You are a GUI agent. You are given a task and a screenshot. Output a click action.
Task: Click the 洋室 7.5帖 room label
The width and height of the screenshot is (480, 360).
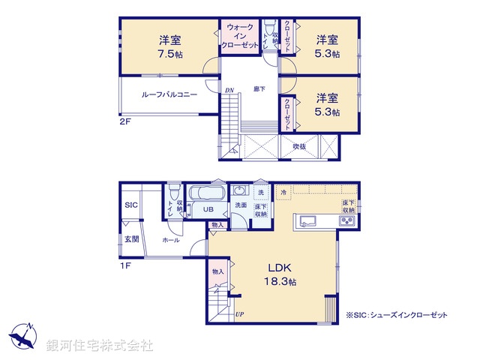click(x=167, y=46)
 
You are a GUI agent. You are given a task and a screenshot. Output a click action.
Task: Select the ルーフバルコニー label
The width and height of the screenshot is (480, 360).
click(x=169, y=94)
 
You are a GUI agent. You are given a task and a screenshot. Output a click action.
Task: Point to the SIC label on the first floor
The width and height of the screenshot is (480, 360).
click(x=130, y=205)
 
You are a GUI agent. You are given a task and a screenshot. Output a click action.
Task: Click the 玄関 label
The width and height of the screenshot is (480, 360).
click(x=130, y=240)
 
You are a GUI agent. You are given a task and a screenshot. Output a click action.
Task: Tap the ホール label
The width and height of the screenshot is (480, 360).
click(x=169, y=241)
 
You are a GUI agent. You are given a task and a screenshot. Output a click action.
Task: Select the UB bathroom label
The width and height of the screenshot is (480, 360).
click(x=210, y=209)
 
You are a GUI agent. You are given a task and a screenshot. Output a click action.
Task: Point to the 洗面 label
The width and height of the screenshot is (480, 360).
click(x=241, y=205)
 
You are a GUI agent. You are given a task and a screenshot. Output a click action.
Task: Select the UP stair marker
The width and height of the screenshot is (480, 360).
click(x=240, y=314)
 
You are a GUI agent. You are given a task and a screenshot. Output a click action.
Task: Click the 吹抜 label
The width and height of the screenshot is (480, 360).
click(x=299, y=146)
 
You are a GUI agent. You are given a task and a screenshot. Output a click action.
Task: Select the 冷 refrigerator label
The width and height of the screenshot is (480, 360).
click(x=283, y=193)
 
